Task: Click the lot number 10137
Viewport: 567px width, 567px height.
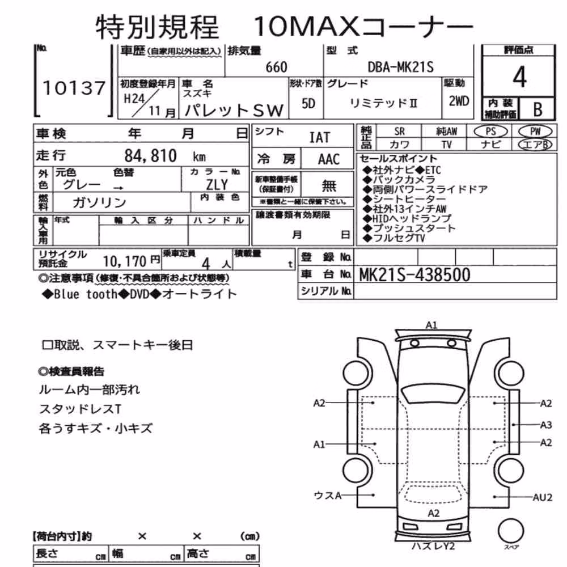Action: coord(74,88)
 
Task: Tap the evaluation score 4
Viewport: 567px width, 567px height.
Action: coord(519,77)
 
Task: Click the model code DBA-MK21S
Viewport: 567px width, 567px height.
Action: coord(400,67)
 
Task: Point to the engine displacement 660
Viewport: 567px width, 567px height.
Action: coord(276,67)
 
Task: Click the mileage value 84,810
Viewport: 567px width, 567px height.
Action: coord(150,156)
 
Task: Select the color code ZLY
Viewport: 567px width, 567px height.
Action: coord(217,185)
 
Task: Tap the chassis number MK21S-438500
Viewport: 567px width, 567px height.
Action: coord(414,275)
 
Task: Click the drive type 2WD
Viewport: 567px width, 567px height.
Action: coord(459,101)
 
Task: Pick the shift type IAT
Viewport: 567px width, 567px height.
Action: coord(320,137)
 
